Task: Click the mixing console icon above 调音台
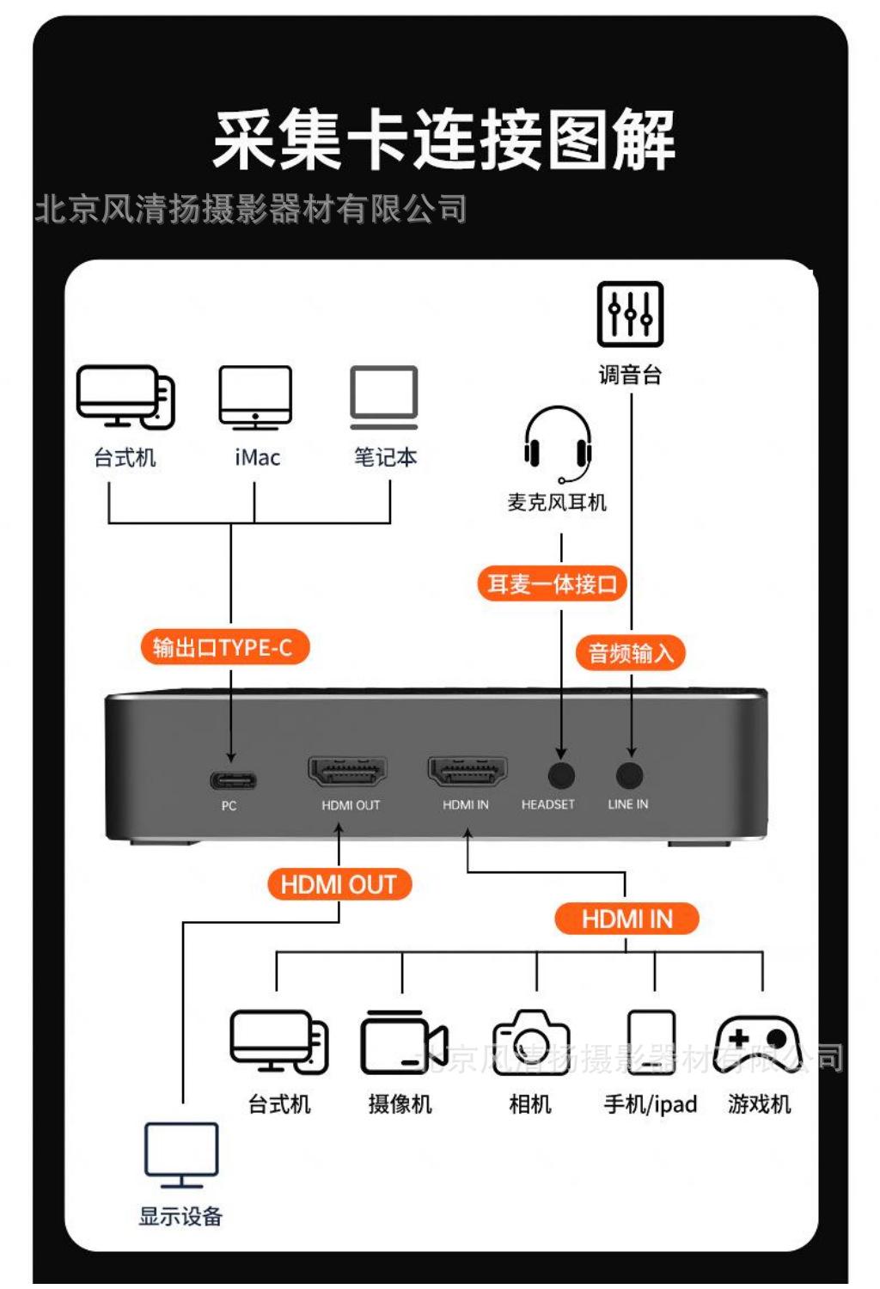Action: (630, 314)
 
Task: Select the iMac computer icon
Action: (255, 397)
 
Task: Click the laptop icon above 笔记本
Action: (384, 397)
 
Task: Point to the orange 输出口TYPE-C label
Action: (223, 647)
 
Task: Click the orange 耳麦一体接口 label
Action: (552, 584)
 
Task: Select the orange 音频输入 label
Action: (631, 653)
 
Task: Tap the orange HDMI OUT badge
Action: (339, 884)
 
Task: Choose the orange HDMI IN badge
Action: (626, 919)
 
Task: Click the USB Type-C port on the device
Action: (233, 780)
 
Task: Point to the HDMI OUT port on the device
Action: (347, 771)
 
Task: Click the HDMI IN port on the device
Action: (467, 771)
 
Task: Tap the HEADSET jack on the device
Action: (560, 775)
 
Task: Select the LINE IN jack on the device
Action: (630, 775)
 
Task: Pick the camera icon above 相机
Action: (530, 1042)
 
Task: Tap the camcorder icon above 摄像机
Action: (403, 1042)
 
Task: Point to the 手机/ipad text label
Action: (651, 1104)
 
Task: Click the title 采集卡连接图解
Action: (443, 140)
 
